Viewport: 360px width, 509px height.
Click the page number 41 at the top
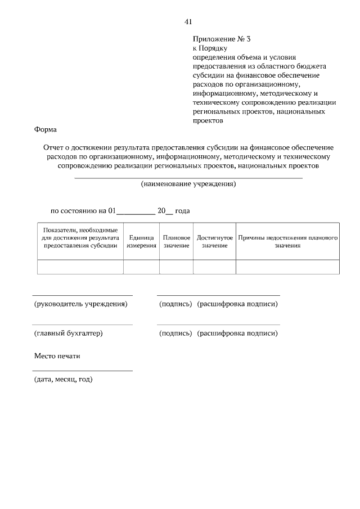point(188,22)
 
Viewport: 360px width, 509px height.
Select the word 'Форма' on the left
point(46,129)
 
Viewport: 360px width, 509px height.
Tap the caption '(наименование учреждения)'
point(188,184)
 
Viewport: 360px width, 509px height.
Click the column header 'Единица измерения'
point(141,242)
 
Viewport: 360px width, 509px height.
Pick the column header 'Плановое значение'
point(176,242)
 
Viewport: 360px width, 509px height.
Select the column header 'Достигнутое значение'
point(214,242)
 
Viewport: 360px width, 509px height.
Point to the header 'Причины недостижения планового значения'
point(287,242)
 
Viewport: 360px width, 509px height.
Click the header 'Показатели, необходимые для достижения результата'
point(80,238)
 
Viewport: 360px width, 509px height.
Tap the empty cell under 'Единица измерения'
point(141,267)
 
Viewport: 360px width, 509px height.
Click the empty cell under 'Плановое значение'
point(176,267)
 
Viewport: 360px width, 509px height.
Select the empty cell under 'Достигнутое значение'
point(214,267)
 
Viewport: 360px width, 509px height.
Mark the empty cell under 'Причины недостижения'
point(287,267)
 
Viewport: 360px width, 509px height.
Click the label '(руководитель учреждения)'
point(81,304)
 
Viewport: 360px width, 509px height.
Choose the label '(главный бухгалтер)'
point(69,333)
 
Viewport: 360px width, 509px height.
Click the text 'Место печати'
point(57,356)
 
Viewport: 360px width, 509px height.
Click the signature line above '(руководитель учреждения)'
point(82,295)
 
